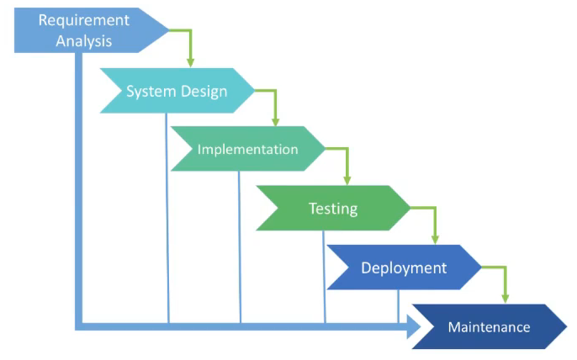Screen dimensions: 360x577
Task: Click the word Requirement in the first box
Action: click(x=84, y=19)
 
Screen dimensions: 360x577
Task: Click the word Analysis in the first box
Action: click(x=84, y=40)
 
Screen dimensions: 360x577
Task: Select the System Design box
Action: click(x=177, y=91)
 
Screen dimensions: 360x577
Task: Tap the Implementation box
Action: click(x=247, y=150)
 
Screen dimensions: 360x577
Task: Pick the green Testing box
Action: click(x=333, y=209)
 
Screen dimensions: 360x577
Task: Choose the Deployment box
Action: click(x=404, y=268)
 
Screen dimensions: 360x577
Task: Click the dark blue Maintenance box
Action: click(x=489, y=327)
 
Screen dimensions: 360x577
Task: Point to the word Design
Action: click(x=203, y=91)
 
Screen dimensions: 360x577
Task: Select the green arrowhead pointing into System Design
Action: click(x=191, y=61)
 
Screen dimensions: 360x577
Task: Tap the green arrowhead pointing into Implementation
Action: click(x=276, y=121)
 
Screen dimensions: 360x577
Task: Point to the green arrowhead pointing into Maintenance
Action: click(x=505, y=297)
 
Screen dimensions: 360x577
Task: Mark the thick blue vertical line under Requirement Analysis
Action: click(x=80, y=185)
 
